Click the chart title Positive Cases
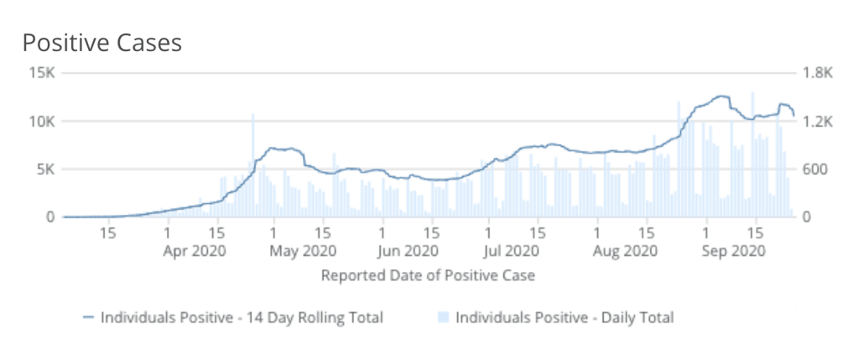point(102,43)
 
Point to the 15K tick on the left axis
point(40,73)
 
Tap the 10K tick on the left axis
point(40,122)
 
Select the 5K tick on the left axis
point(44,170)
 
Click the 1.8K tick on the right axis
point(817,73)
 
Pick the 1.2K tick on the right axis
point(817,122)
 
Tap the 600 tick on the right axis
point(815,170)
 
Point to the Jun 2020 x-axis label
point(407,250)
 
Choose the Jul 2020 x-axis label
point(512,250)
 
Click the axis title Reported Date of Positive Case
point(428,274)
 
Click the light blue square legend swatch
point(444,317)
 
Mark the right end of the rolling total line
point(794,115)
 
